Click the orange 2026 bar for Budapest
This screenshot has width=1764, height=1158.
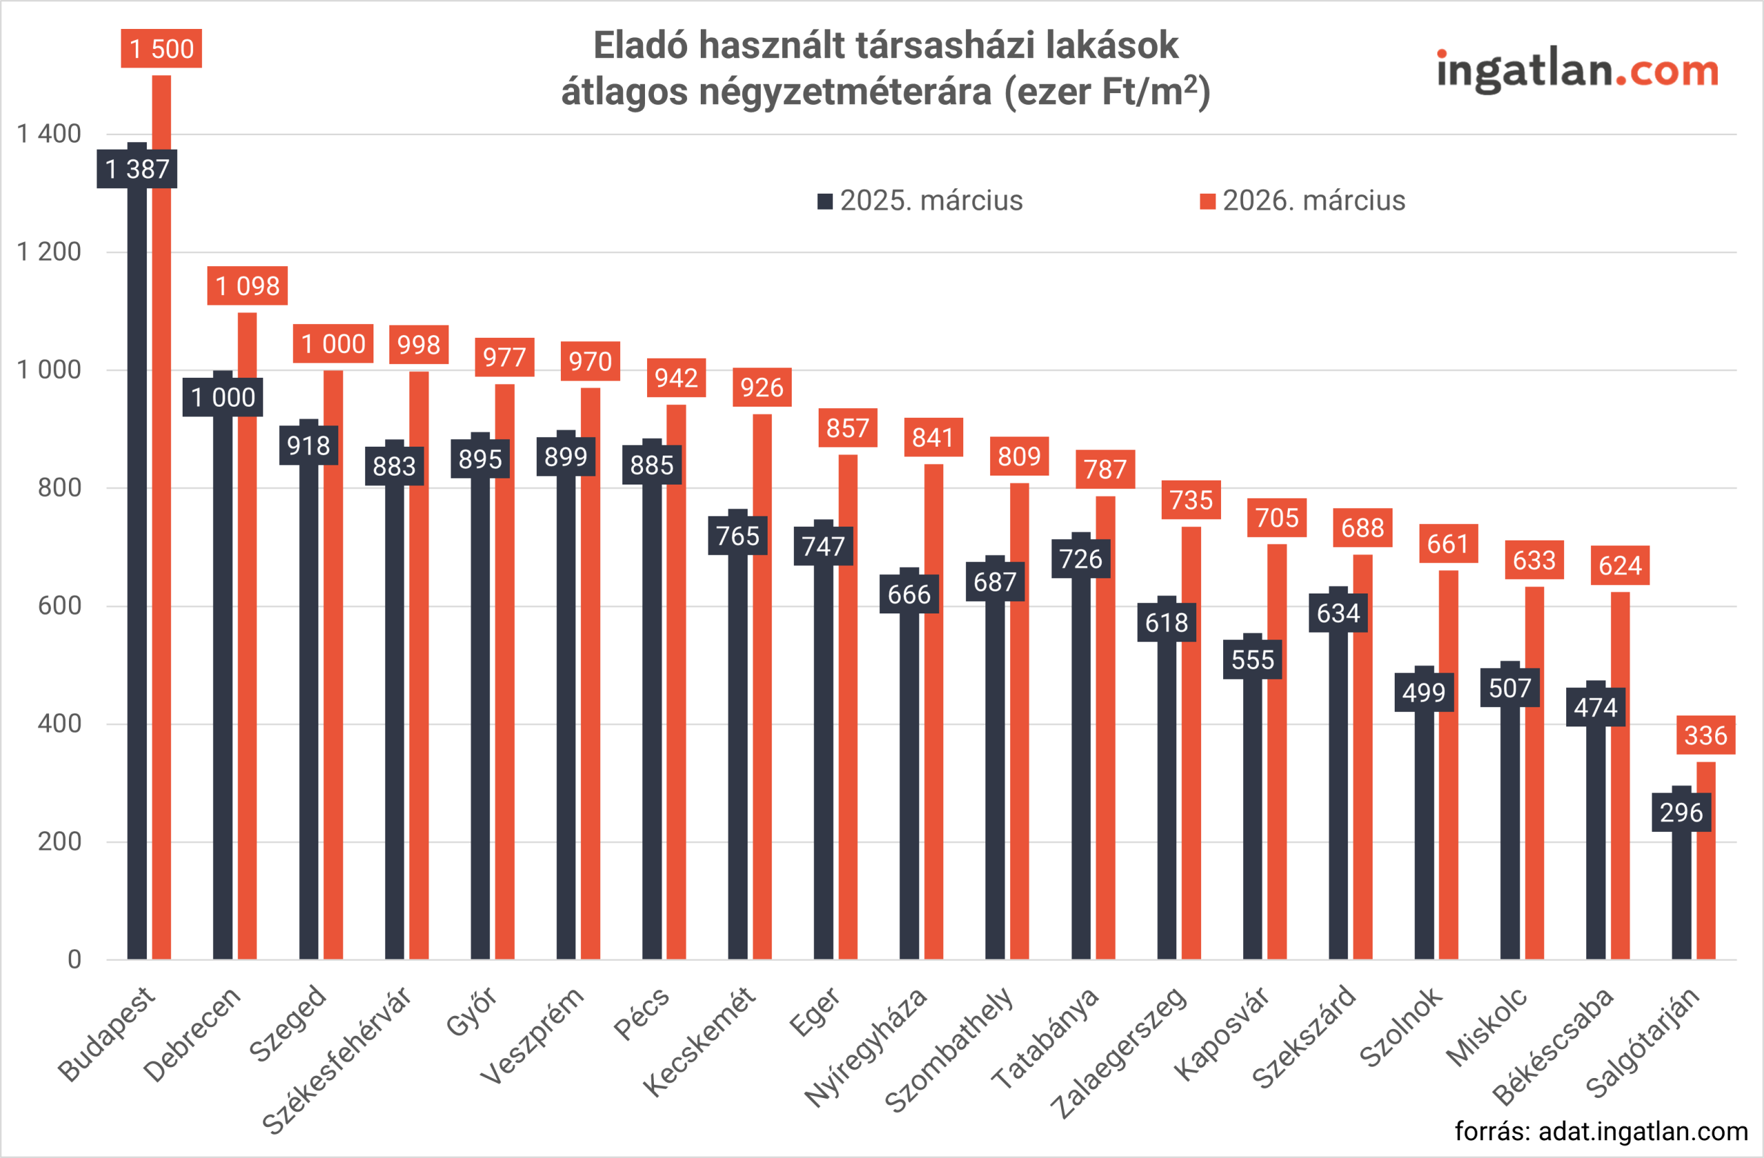tap(161, 519)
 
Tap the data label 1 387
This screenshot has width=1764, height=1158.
tap(137, 169)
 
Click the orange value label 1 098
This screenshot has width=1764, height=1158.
tap(247, 286)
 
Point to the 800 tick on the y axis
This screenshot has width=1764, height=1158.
tap(59, 488)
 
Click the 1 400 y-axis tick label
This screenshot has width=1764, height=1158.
tap(49, 134)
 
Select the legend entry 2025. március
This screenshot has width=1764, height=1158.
tap(921, 201)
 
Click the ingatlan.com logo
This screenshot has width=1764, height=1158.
tap(1577, 71)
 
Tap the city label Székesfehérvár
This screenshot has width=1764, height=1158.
tap(337, 1060)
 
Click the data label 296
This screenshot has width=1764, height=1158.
tap(1681, 813)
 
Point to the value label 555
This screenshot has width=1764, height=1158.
tap(1253, 660)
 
